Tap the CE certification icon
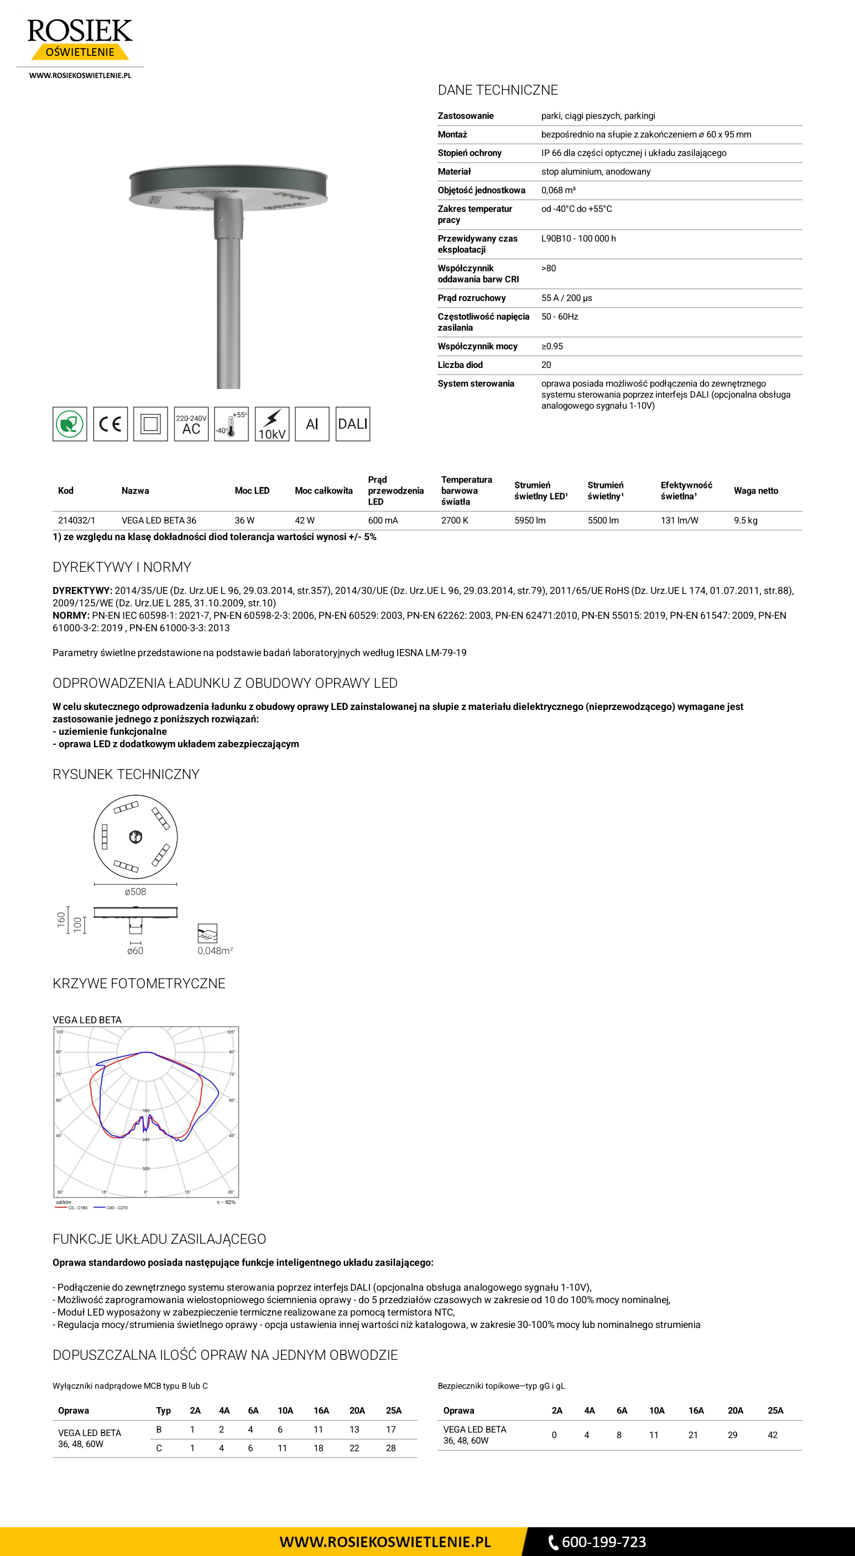point(111,424)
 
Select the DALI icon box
point(353,424)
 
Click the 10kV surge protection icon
point(272,424)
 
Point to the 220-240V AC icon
point(191,424)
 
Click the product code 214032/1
point(76,520)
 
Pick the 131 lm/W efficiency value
point(679,520)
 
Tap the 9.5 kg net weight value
point(745,520)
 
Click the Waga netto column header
point(755,490)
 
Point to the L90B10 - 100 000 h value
point(578,238)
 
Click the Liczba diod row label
point(460,365)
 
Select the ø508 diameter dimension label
point(135,891)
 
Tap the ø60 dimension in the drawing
point(135,951)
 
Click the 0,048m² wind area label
point(215,951)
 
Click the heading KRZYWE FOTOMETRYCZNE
point(139,983)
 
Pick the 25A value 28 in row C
point(390,1448)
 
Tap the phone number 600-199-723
point(603,1542)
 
